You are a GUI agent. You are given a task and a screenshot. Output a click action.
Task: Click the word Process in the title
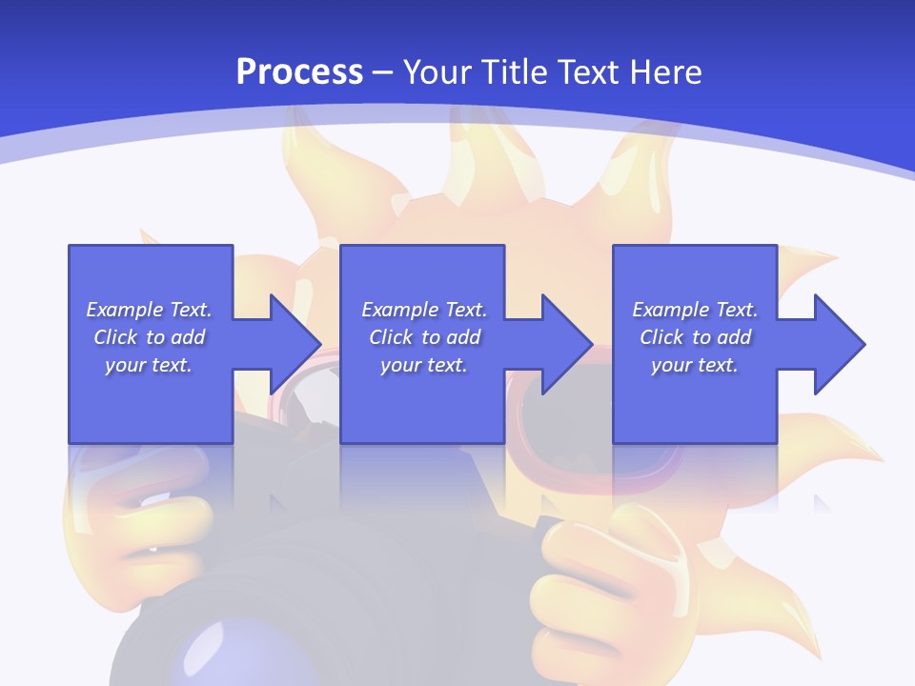pyautogui.click(x=299, y=72)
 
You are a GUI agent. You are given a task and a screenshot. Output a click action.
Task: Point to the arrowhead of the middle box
pyautogui.click(x=566, y=344)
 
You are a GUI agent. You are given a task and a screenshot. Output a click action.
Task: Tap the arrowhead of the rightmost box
pyautogui.click(x=839, y=344)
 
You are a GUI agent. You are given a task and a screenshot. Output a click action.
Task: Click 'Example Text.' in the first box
pyautogui.click(x=149, y=310)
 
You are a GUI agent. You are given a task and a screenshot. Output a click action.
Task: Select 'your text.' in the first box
pyautogui.click(x=149, y=365)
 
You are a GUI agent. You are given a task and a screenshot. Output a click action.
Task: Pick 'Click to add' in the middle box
pyautogui.click(x=424, y=337)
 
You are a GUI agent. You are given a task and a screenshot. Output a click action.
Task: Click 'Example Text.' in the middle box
pyautogui.click(x=424, y=310)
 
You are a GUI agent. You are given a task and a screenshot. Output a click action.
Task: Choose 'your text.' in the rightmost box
pyautogui.click(x=695, y=365)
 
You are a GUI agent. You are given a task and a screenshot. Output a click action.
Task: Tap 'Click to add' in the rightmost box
pyautogui.click(x=695, y=337)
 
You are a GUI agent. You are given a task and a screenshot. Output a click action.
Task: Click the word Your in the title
pyautogui.click(x=434, y=72)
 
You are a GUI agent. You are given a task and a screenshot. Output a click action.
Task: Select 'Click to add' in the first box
pyautogui.click(x=149, y=337)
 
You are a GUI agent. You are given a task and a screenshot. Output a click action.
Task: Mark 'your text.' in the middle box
pyautogui.click(x=424, y=365)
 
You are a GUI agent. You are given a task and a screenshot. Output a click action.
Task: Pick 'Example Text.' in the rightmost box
pyautogui.click(x=695, y=310)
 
